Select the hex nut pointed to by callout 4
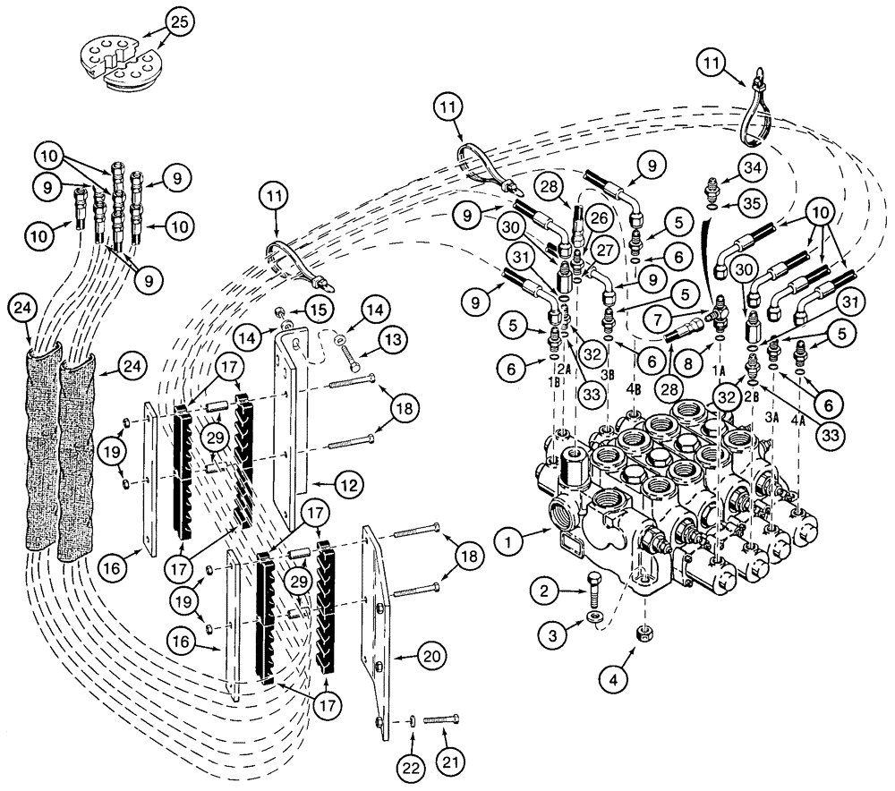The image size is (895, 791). [644, 634]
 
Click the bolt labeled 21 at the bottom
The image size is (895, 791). [441, 719]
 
